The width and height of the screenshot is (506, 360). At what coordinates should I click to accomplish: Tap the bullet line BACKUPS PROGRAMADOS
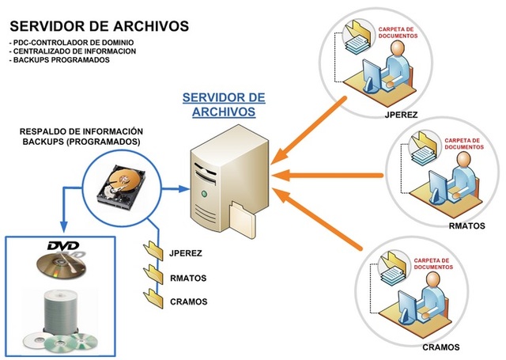59,61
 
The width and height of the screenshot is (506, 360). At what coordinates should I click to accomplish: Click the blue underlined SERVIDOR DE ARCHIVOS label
224,104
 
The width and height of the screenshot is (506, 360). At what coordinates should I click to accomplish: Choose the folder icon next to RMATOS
152,278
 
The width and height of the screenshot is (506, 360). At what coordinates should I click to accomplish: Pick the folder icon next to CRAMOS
152,301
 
